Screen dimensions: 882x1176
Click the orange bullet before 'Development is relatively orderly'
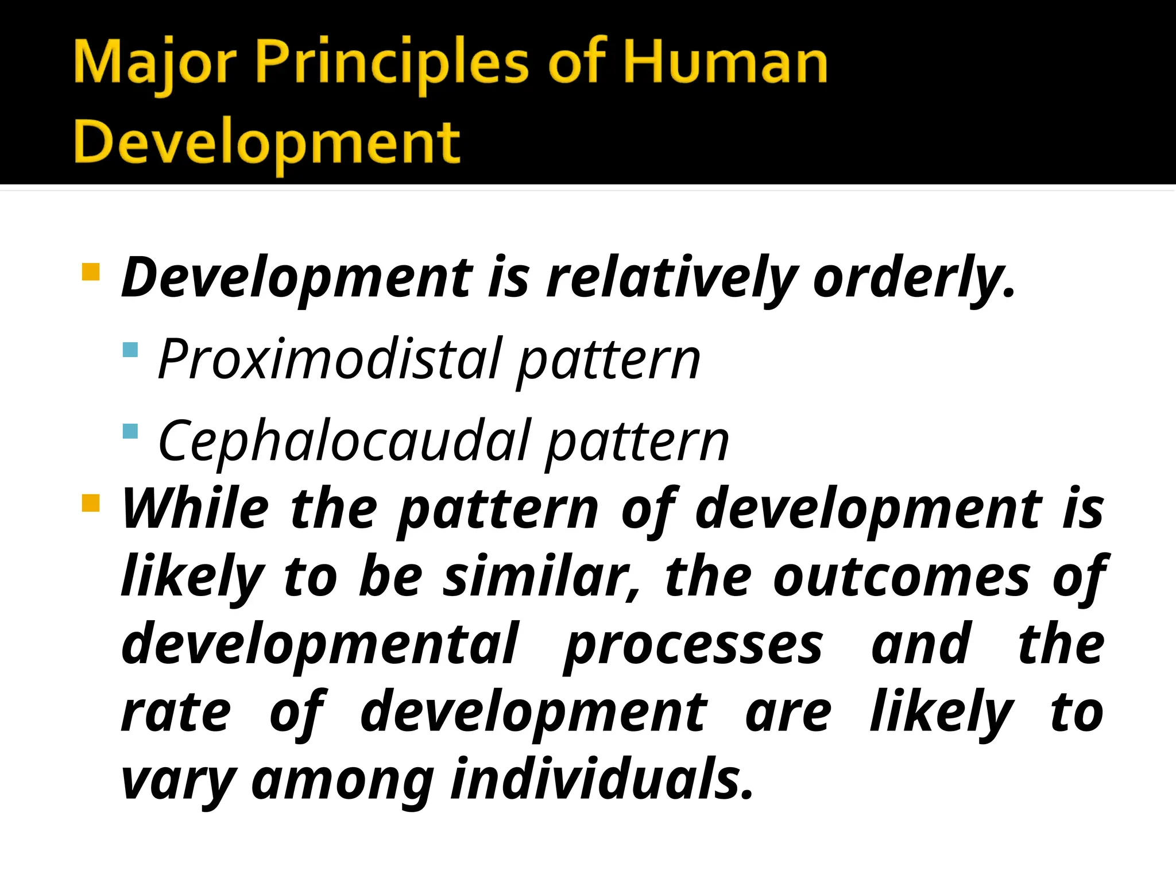point(91,272)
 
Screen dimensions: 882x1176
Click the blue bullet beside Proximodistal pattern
point(131,350)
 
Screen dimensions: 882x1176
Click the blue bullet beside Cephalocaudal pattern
point(131,431)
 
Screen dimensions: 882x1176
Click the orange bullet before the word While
point(91,503)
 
